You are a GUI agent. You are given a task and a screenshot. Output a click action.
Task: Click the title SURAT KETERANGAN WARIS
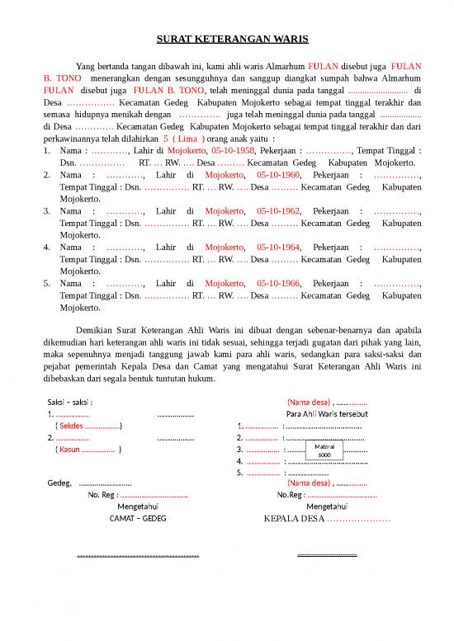(x=226, y=39)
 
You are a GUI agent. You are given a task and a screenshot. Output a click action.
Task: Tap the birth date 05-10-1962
(x=278, y=211)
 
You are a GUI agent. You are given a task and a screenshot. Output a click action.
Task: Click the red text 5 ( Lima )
(x=184, y=139)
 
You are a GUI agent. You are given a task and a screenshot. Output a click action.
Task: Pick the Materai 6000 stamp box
(x=325, y=450)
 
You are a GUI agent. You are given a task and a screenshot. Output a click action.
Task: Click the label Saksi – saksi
(x=70, y=402)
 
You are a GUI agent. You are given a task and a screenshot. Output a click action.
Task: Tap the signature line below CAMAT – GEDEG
(x=138, y=555)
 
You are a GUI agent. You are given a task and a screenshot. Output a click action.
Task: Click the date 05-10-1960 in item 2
(x=278, y=175)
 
